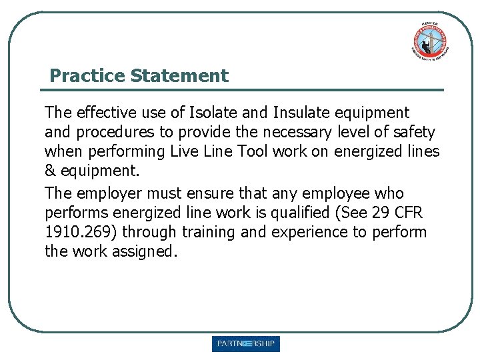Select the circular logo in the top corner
pos(429,41)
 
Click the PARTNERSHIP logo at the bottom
pos(246,344)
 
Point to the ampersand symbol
pos(50,171)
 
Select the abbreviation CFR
pos(407,213)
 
